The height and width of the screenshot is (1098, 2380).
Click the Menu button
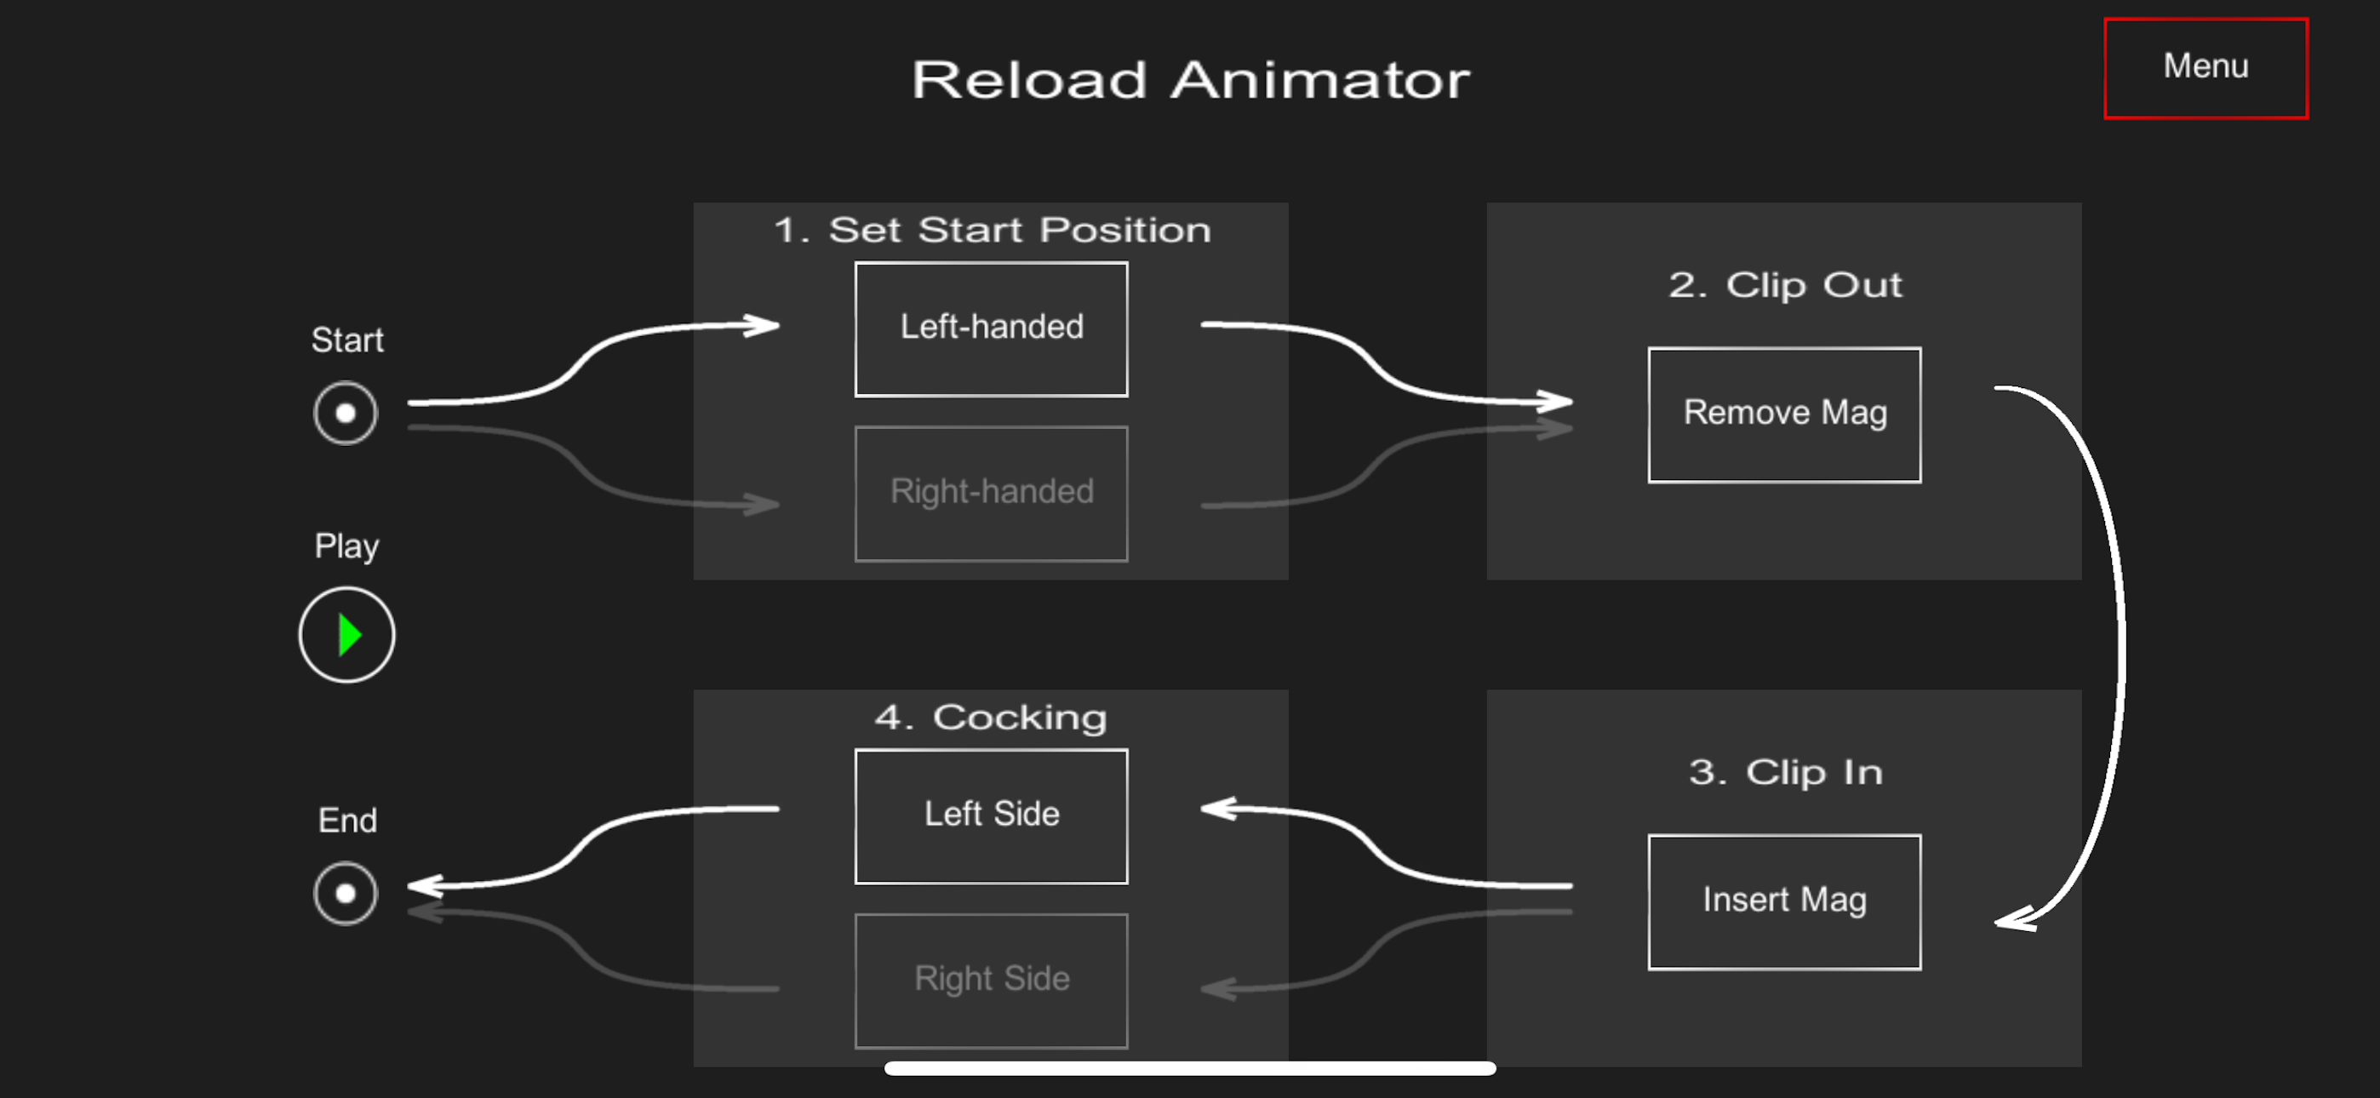2205,67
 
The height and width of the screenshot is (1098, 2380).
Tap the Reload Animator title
1190,79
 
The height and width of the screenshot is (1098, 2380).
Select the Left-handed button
991,328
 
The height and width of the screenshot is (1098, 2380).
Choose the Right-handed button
991,493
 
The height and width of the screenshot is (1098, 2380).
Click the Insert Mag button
1783,901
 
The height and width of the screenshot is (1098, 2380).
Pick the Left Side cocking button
991,815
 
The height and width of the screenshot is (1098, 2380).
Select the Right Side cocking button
991,980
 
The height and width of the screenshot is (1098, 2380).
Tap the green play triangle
348,635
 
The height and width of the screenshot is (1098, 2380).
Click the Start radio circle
346,413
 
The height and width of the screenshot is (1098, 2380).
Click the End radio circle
346,893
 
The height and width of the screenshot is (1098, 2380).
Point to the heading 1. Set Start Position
991,229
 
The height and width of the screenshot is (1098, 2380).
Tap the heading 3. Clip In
1784,772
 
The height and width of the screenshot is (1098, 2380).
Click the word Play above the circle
346,546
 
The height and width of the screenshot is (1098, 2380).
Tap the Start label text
346,340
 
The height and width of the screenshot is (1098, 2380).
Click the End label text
346,820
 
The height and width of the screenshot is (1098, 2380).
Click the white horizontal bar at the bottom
1189,1068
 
